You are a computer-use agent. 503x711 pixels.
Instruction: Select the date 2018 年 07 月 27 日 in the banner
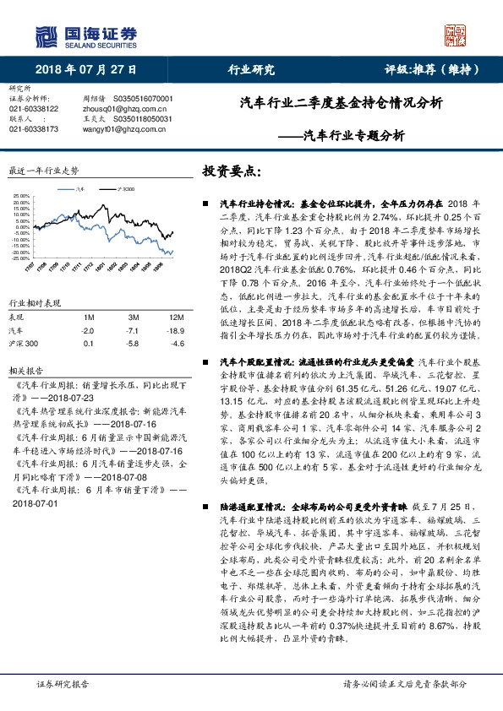(87, 70)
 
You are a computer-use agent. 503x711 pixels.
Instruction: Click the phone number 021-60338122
(34, 109)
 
